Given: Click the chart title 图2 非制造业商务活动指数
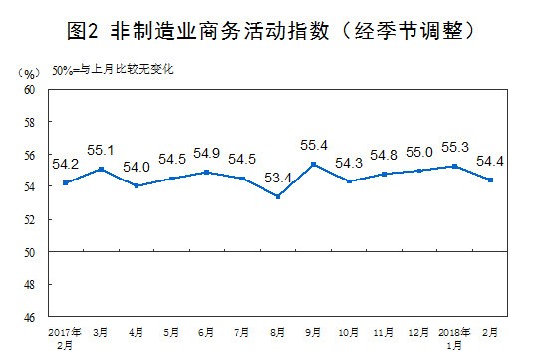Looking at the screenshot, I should [x=275, y=30].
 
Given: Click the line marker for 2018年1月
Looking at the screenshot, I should [x=454, y=166].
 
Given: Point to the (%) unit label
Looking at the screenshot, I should [x=28, y=72].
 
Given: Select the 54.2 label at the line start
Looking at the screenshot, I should [x=64, y=164].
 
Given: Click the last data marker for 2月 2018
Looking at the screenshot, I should [x=490, y=180].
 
